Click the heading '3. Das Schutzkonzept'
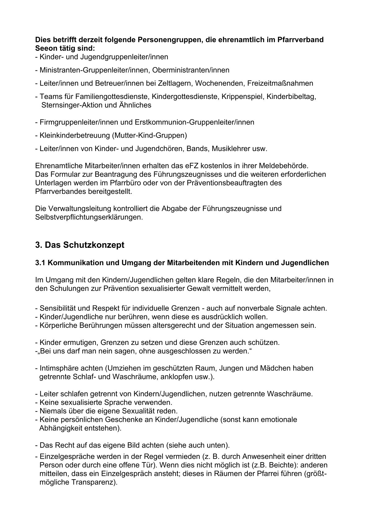point(80,245)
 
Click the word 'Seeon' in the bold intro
point(45,49)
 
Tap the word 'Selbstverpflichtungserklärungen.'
point(89,217)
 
